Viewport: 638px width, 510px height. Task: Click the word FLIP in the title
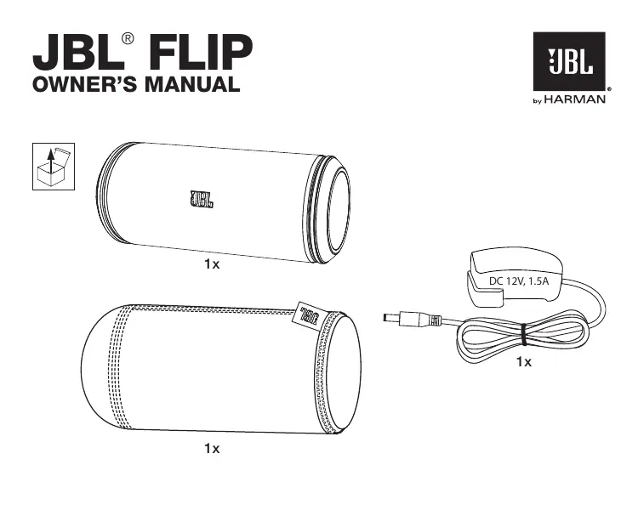click(x=202, y=53)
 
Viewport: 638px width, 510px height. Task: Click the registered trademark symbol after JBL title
click(x=128, y=38)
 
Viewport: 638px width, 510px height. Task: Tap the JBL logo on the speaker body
click(x=202, y=201)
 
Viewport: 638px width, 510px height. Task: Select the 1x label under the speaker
click(x=211, y=265)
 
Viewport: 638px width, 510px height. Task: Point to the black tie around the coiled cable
click(x=522, y=334)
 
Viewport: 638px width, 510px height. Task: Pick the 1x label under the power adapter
click(x=524, y=363)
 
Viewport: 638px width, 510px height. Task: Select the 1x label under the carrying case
click(x=211, y=448)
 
